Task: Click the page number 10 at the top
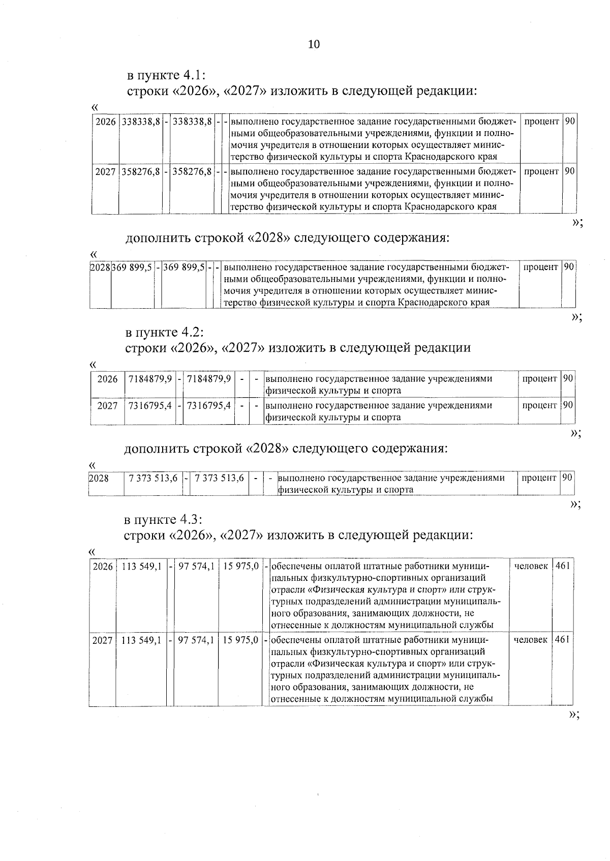314,45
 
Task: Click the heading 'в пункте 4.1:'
166,75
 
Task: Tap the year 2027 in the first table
105,172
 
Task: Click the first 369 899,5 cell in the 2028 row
132,268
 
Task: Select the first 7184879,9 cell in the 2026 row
150,379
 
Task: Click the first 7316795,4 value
150,405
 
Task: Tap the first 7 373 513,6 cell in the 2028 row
154,478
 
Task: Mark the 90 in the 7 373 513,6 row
567,478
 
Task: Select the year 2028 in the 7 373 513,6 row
99,478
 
